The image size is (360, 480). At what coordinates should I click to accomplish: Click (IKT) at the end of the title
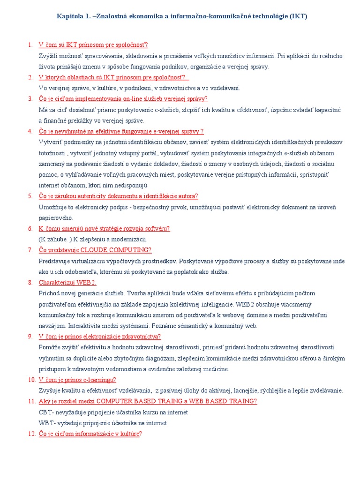tap(298, 16)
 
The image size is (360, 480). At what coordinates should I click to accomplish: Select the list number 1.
tap(30, 45)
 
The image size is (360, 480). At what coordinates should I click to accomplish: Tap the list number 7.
tap(30, 250)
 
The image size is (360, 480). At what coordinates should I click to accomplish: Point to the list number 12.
tap(31, 434)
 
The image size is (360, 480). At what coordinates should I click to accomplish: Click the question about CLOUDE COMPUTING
tap(95, 250)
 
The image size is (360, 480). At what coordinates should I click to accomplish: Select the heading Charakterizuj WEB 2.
tap(67, 282)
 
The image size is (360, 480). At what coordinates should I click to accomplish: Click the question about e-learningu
tap(77, 380)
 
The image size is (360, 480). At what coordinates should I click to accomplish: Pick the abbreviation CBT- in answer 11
tap(48, 412)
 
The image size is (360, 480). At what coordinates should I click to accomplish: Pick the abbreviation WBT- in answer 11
tap(48, 423)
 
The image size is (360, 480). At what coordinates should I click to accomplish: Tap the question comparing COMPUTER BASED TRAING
tap(148, 401)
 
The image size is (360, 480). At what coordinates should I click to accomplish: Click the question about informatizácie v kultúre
tap(90, 434)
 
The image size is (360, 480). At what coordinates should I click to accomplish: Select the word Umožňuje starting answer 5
tap(53, 207)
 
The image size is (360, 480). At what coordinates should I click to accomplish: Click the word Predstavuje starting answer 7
tap(56, 261)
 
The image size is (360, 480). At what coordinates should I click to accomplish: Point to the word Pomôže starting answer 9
tap(50, 347)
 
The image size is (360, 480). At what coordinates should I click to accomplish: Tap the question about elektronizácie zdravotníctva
tap(100, 336)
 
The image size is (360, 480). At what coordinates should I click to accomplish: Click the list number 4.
tap(30, 131)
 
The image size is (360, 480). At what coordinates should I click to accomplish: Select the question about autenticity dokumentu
tap(118, 196)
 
